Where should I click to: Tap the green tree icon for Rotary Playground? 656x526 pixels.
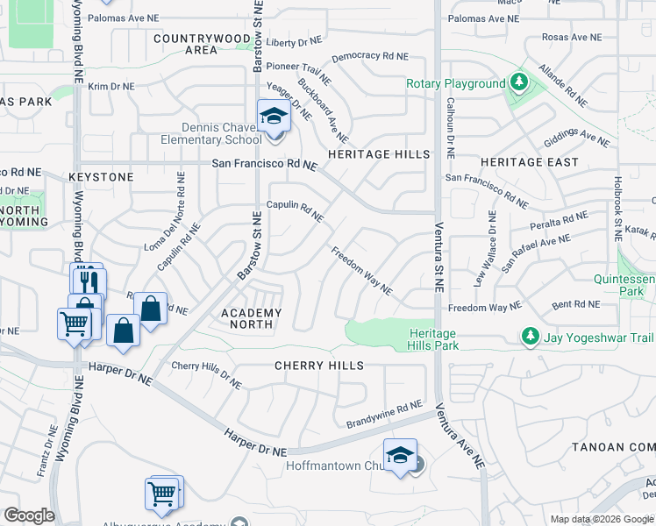[519, 83]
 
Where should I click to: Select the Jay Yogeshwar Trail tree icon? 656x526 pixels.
[529, 336]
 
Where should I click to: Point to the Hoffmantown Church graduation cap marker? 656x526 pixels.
[400, 455]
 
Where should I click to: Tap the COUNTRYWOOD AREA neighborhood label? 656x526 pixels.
[202, 45]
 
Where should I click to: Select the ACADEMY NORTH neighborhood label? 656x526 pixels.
[252, 318]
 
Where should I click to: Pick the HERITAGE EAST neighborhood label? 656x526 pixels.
[530, 162]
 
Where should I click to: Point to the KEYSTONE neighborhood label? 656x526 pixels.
[101, 177]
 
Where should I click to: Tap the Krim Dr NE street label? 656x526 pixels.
[111, 86]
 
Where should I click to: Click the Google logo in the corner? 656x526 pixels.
[29, 515]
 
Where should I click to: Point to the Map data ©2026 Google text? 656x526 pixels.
[602, 519]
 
